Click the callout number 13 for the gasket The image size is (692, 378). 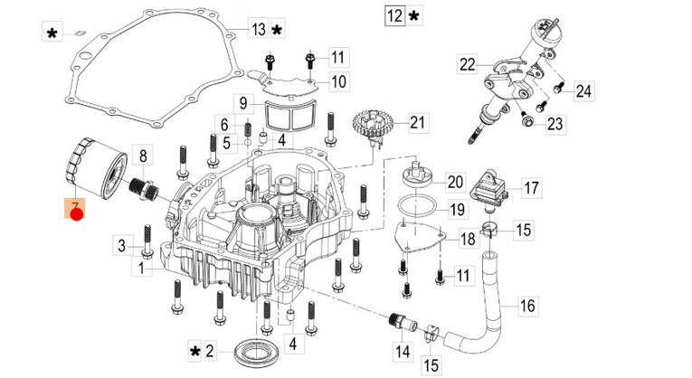click(259, 30)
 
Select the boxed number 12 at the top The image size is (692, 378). click(393, 16)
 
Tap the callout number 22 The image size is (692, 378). click(467, 64)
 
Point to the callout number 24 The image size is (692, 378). click(583, 90)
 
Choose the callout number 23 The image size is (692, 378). click(555, 124)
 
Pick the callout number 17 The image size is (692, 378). click(530, 189)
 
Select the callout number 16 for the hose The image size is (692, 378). click(527, 306)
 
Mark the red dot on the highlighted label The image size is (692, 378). click(77, 215)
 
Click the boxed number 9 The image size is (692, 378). click(243, 102)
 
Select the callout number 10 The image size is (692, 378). click(337, 82)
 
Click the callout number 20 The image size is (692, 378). click(454, 182)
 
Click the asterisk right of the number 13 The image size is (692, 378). click(277, 31)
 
